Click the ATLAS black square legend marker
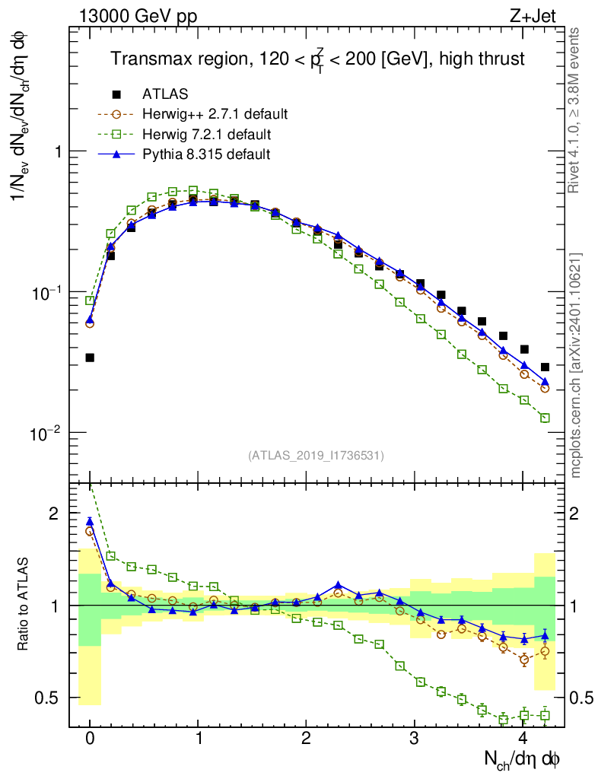click(116, 94)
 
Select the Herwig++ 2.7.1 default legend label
click(215, 115)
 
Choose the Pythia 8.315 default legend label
click(206, 155)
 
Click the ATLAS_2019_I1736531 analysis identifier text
click(316, 456)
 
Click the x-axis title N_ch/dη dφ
click(523, 759)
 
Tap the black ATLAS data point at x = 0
click(90, 357)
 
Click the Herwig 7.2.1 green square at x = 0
click(90, 300)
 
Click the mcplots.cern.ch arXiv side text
click(576, 365)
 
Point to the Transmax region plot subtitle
click(317, 59)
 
